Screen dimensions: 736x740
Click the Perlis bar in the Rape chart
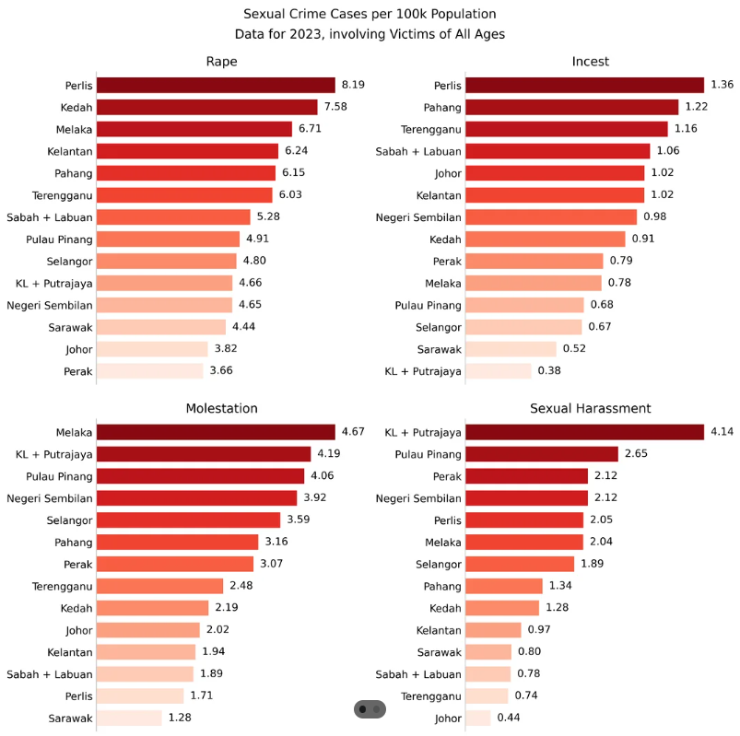[x=216, y=85]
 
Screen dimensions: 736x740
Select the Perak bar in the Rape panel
[x=149, y=371]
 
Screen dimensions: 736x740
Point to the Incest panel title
[x=590, y=62]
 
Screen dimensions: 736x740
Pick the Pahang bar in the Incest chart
[x=571, y=107]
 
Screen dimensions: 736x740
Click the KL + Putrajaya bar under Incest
[x=499, y=371]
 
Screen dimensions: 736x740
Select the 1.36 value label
[x=722, y=85]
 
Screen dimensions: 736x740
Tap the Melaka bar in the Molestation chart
[x=216, y=432]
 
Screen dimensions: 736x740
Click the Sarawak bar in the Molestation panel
[x=129, y=718]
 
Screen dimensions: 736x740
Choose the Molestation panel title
[x=221, y=408]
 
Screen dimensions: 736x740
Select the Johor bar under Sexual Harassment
[x=478, y=718]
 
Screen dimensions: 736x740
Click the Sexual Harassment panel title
[x=590, y=408]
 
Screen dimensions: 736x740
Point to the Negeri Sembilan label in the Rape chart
[x=50, y=305]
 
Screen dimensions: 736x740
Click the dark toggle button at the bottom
[x=370, y=709]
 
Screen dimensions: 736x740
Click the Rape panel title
[x=221, y=62]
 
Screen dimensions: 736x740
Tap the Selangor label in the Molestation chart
[x=65, y=520]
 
